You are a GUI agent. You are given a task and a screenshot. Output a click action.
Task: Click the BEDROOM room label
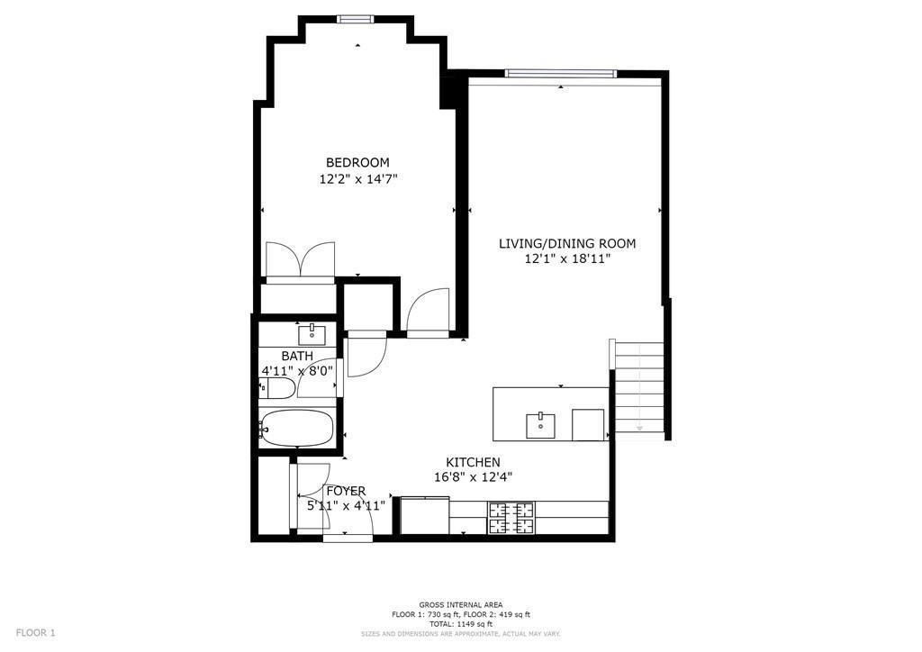click(x=357, y=162)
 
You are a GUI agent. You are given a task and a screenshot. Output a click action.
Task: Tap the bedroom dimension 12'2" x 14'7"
click(x=357, y=179)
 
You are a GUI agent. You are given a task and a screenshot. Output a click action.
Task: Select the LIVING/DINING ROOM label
click(x=567, y=243)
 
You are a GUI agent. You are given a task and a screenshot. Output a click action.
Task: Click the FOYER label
click(x=346, y=491)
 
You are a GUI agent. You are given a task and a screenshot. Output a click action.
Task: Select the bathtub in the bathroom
click(x=297, y=430)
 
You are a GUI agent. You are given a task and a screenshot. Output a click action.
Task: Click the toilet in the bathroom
click(x=277, y=389)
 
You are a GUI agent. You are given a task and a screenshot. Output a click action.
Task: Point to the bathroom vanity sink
click(x=312, y=335)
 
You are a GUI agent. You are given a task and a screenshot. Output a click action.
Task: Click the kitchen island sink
click(x=540, y=423)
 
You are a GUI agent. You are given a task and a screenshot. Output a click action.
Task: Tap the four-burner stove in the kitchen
click(x=511, y=518)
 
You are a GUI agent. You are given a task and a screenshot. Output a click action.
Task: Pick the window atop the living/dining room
click(x=560, y=73)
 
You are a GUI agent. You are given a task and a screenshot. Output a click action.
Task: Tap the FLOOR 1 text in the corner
click(x=36, y=632)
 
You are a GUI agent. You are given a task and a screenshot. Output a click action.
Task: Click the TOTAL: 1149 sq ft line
click(x=461, y=623)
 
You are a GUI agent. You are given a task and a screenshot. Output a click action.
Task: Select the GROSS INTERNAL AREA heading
click(x=461, y=604)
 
